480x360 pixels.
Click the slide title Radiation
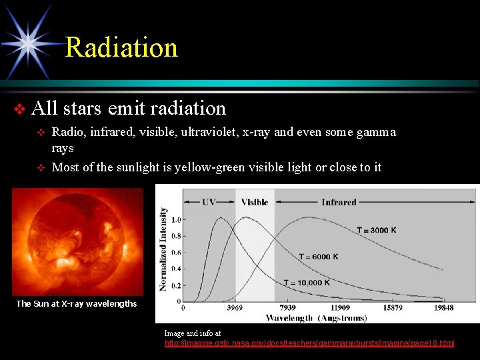(x=121, y=48)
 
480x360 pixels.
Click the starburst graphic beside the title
(x=28, y=41)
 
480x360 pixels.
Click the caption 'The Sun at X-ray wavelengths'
(x=77, y=303)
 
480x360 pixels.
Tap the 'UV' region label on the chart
(x=209, y=202)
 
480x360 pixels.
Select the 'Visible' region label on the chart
(x=254, y=202)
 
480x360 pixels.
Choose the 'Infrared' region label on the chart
(x=339, y=202)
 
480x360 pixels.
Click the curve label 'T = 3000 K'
(x=376, y=230)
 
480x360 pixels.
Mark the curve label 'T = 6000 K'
(x=318, y=257)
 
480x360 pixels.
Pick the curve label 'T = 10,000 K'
(x=307, y=283)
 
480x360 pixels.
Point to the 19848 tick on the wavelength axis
(x=442, y=308)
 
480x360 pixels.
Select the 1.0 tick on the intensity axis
(x=176, y=219)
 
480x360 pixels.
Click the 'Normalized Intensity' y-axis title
(x=163, y=249)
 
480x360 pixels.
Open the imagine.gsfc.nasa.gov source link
(x=309, y=343)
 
